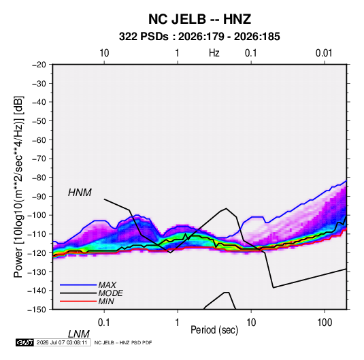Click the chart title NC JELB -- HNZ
(x=199, y=19)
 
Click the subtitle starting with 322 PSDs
(x=199, y=37)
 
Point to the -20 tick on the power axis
(x=39, y=65)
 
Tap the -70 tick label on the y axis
(x=39, y=159)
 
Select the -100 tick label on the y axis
(x=37, y=215)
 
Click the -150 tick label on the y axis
(x=37, y=310)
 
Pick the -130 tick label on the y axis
(x=37, y=272)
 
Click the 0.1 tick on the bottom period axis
(x=104, y=323)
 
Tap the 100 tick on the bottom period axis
(x=325, y=323)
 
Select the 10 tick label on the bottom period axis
(x=251, y=323)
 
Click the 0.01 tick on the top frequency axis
(x=324, y=53)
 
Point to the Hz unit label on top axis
(x=214, y=53)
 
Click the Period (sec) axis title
(x=214, y=330)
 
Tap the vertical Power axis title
(x=18, y=187)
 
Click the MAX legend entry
(x=107, y=284)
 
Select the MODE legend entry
(x=110, y=293)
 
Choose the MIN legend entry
(x=106, y=301)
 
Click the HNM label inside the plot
(x=80, y=193)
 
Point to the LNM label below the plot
(x=78, y=334)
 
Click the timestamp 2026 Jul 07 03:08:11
(x=62, y=342)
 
